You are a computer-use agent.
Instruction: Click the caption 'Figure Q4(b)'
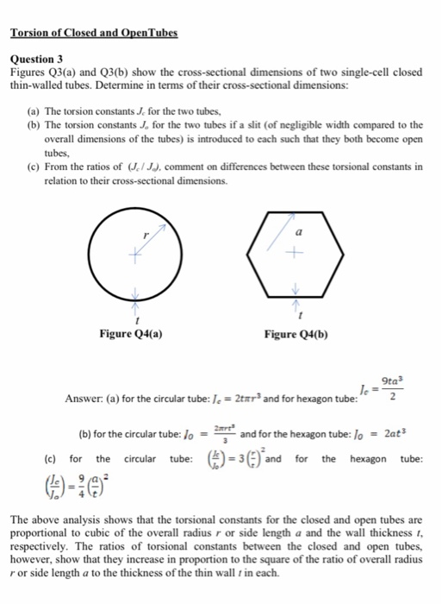point(297,335)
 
